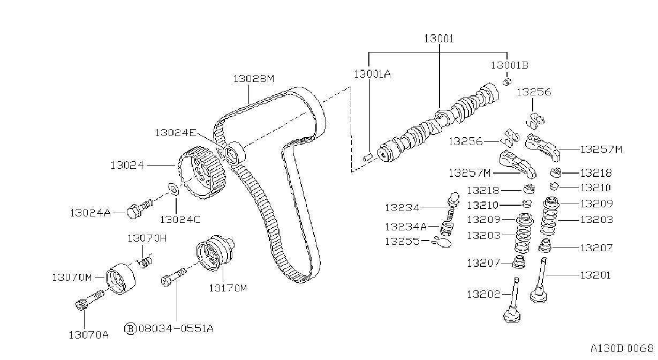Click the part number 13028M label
coord(254,79)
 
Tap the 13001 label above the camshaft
coord(439,39)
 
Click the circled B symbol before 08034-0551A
coord(131,328)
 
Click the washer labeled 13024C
coord(174,190)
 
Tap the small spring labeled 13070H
coord(146,261)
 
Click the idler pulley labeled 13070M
coord(120,279)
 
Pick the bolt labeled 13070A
coord(89,299)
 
